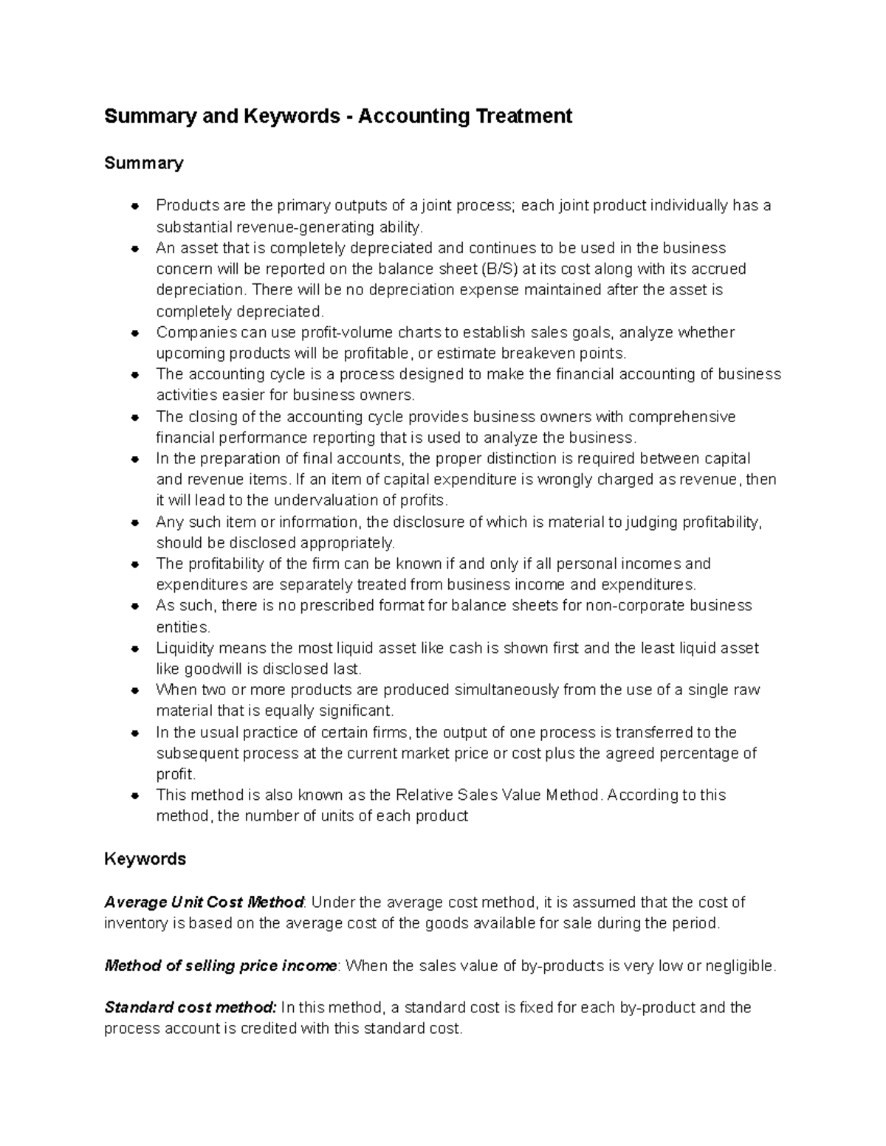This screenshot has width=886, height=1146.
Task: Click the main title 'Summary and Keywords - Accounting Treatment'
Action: pyautogui.click(x=337, y=117)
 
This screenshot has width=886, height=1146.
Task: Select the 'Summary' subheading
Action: pyautogui.click(x=143, y=162)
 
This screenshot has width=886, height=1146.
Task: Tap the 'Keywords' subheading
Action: pyautogui.click(x=145, y=859)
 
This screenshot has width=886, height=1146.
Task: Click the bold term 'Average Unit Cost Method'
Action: pyautogui.click(x=204, y=902)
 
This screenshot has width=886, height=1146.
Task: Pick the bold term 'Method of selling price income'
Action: pyautogui.click(x=220, y=966)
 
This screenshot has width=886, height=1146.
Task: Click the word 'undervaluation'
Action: pyautogui.click(x=321, y=500)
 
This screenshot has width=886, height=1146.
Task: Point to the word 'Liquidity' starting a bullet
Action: pyautogui.click(x=185, y=648)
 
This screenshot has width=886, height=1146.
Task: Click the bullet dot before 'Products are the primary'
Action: pyautogui.click(x=134, y=206)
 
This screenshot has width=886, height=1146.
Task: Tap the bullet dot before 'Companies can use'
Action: pyautogui.click(x=134, y=333)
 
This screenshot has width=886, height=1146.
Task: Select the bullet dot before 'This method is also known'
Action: pyautogui.click(x=134, y=795)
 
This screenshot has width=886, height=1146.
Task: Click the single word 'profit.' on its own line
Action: pyautogui.click(x=176, y=774)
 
